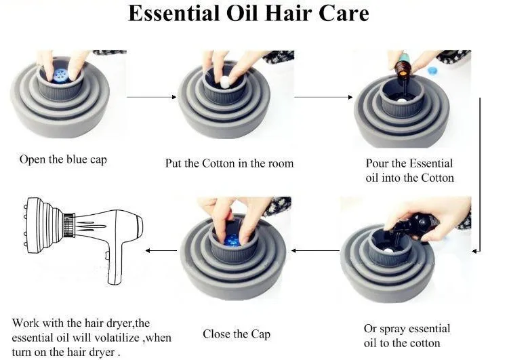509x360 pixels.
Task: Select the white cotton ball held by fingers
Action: [225, 81]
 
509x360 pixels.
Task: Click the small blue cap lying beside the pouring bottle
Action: [432, 71]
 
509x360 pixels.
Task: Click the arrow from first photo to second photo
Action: [152, 97]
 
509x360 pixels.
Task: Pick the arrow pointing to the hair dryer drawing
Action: [161, 250]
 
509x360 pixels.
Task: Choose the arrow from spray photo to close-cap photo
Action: [316, 250]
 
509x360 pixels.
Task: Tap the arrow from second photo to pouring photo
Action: [323, 97]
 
